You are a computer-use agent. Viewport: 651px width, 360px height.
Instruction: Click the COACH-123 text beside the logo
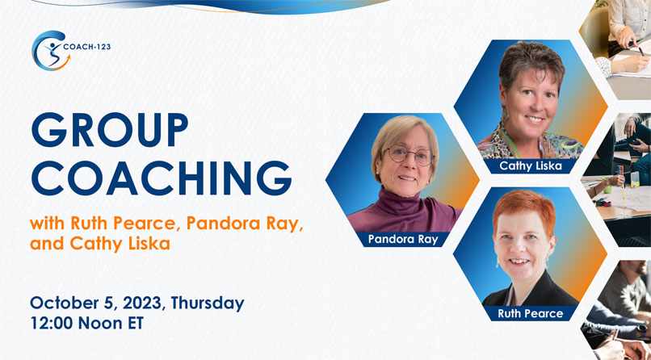click(86, 47)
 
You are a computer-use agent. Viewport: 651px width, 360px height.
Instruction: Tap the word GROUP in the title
click(109, 130)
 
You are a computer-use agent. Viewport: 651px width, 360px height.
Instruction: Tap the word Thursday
click(208, 303)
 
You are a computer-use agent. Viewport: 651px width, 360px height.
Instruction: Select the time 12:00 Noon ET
click(86, 323)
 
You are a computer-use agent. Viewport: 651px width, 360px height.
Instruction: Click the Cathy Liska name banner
click(531, 166)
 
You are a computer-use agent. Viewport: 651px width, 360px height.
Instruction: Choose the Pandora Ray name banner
click(403, 239)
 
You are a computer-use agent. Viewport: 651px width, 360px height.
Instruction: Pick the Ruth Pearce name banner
click(530, 313)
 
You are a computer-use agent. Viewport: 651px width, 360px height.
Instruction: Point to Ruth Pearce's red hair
click(524, 209)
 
